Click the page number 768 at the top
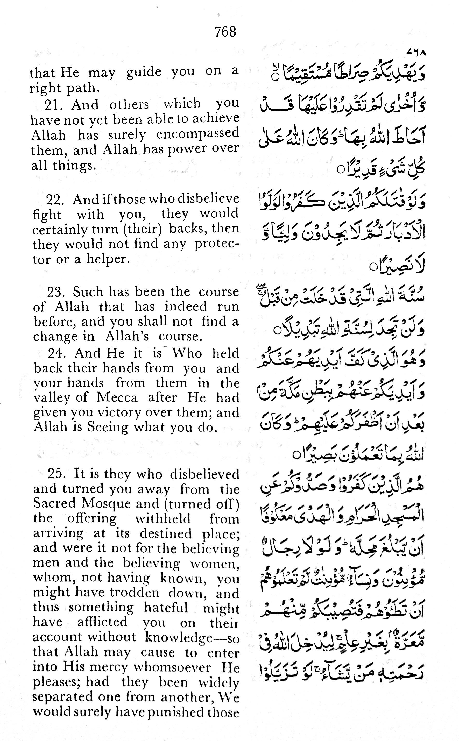225,32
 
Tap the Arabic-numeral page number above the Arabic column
416,53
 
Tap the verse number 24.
57,353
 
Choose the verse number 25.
57,474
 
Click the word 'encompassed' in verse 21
198,134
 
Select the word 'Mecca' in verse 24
117,397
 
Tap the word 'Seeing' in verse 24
108,427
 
